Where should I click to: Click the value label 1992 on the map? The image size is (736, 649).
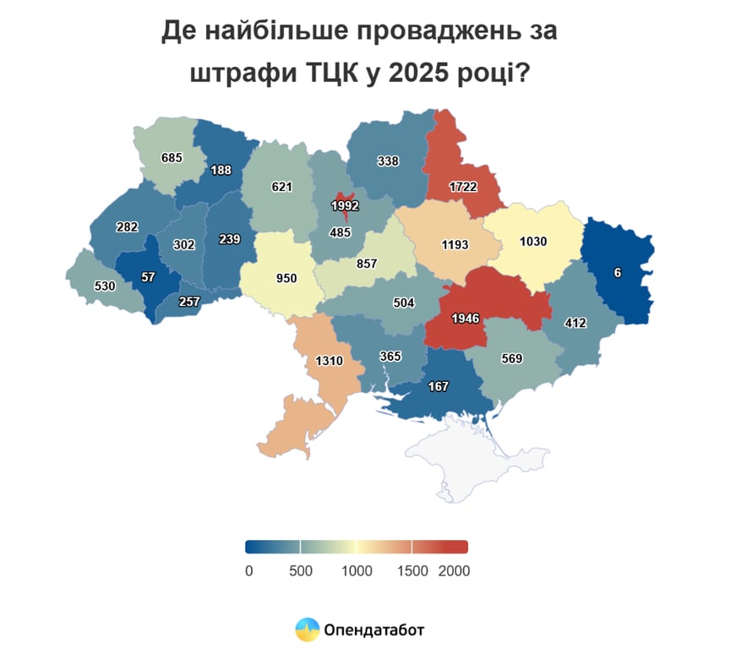point(346,205)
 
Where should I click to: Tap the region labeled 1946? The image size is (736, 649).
point(466,319)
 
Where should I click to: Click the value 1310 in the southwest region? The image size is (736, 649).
point(329,361)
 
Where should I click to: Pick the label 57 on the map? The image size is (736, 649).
point(148,276)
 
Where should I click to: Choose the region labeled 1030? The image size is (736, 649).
point(533,241)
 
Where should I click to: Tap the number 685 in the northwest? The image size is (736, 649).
point(172,157)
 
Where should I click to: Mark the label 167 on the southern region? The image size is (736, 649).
point(438,386)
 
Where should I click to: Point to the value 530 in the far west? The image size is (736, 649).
point(105,286)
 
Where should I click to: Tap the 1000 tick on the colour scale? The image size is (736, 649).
point(357,571)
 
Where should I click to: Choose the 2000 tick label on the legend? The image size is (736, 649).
point(454,571)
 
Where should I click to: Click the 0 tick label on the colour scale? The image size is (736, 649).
point(248,571)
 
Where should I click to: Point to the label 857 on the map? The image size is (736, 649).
point(367,264)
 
